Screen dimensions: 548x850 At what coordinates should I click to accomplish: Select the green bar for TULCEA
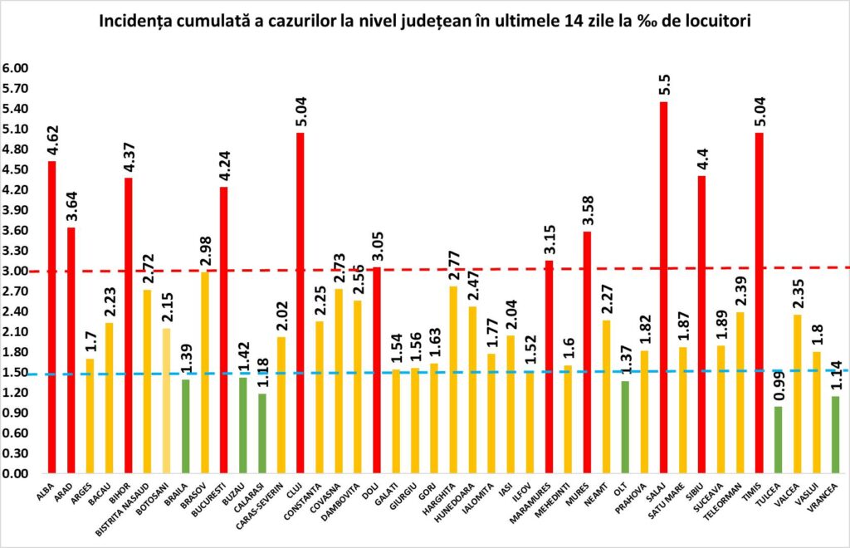click(x=777, y=440)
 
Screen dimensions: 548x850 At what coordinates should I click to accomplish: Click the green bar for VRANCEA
click(x=834, y=435)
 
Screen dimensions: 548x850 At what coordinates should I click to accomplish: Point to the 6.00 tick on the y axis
click(x=15, y=68)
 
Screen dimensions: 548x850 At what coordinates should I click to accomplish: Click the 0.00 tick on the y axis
click(x=15, y=473)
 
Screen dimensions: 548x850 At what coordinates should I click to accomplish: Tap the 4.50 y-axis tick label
click(x=15, y=169)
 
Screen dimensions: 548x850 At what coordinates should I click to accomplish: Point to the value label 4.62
click(x=52, y=140)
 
